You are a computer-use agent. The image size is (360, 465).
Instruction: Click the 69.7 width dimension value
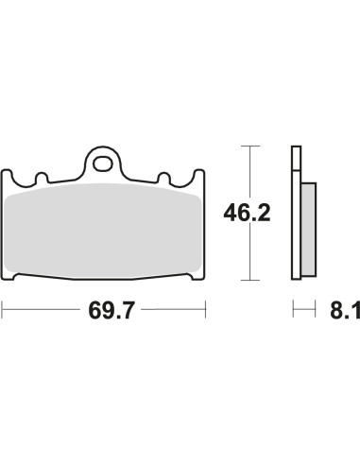111,311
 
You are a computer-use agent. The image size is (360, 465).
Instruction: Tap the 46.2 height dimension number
247,214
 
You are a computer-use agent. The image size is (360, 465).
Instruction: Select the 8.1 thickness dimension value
345,311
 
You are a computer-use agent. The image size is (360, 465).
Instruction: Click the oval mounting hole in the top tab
102,164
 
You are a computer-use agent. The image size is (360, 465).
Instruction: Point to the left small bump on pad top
42,178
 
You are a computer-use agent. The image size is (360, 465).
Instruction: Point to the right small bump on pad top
163,178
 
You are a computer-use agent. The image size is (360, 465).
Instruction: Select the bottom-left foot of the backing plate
9,277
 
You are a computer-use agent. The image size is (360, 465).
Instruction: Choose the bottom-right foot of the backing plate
197,277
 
